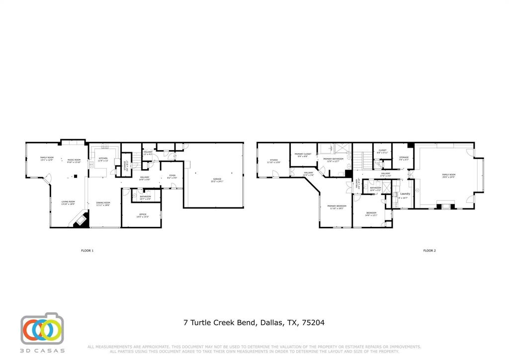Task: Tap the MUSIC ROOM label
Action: click(x=74, y=159)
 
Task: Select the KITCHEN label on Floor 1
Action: click(x=103, y=159)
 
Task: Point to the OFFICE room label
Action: click(x=142, y=215)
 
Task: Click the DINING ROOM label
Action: click(x=103, y=203)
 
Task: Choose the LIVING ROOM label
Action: click(x=68, y=202)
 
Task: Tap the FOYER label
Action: click(x=172, y=176)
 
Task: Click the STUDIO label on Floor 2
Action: click(x=273, y=160)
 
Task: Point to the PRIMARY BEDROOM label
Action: click(x=337, y=206)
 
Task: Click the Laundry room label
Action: click(x=405, y=193)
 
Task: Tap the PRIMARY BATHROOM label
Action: click(x=333, y=159)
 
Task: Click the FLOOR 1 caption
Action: click(x=87, y=251)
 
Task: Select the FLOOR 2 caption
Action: click(x=429, y=251)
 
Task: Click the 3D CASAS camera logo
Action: click(x=42, y=329)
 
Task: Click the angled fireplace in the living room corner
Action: click(x=81, y=220)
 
